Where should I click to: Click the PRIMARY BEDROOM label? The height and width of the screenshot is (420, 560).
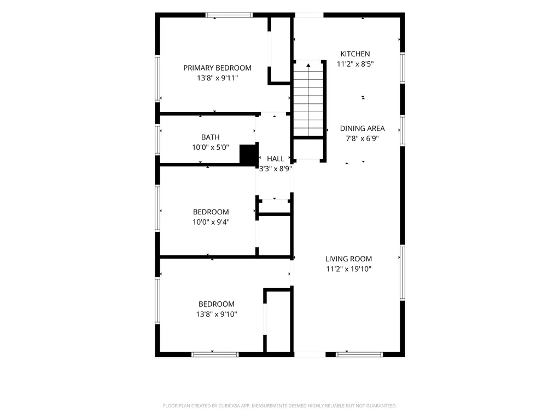(217, 68)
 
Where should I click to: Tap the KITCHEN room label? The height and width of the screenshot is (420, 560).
(355, 54)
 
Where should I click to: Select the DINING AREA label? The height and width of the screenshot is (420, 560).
(362, 128)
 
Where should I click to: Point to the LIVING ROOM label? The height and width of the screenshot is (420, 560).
(348, 259)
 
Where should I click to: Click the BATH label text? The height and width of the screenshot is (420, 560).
(211, 137)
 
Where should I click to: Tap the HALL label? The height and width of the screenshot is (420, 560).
(276, 159)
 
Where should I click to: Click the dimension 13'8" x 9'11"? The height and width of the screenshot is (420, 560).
(217, 78)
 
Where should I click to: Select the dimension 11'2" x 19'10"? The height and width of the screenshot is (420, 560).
(348, 269)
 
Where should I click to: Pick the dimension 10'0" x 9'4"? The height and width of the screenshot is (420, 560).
(211, 222)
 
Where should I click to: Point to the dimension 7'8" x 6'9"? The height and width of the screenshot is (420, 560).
(362, 138)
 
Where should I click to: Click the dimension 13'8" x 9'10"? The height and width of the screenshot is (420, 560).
(217, 314)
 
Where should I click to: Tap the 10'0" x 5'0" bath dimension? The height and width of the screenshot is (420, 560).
(211, 147)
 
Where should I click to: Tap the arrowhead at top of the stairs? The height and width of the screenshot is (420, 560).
(308, 65)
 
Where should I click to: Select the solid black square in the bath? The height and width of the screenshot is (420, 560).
(249, 154)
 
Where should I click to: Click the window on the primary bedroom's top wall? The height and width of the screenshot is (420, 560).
(229, 15)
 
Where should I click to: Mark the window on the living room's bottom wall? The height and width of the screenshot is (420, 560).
(359, 354)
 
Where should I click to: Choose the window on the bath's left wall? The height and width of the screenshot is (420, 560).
(157, 139)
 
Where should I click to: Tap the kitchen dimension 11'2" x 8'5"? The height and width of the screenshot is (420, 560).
(355, 64)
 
